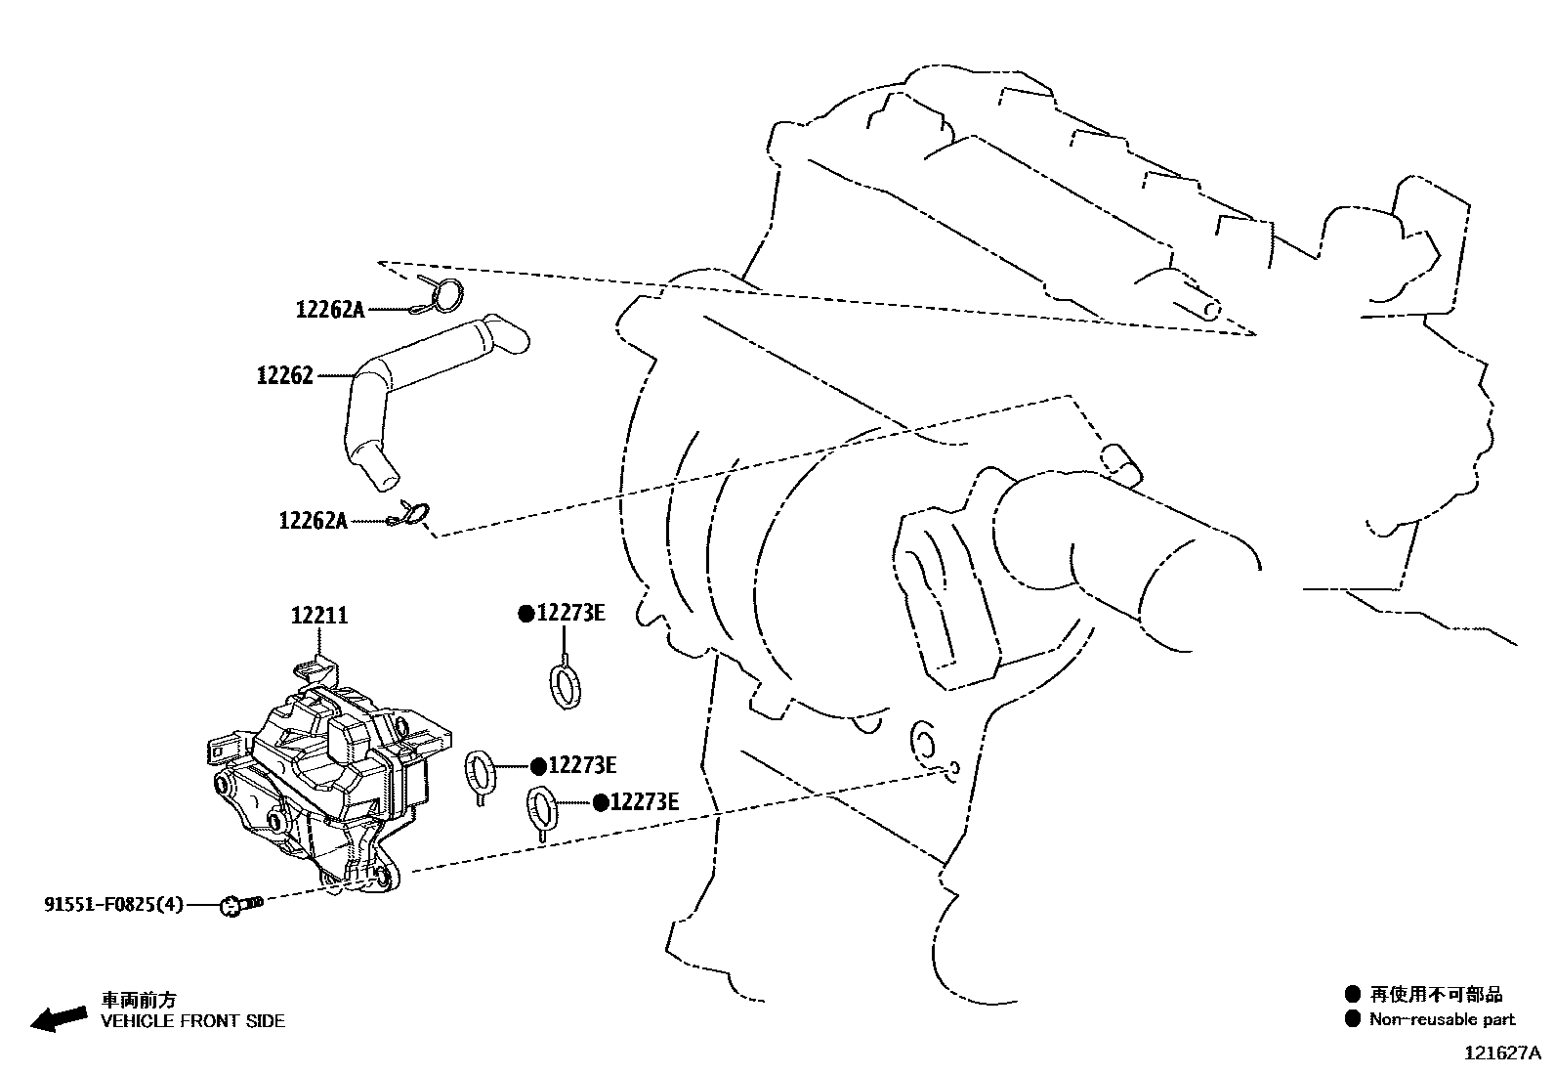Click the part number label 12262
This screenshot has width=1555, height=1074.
(x=284, y=375)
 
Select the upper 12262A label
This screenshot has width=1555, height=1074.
(x=329, y=310)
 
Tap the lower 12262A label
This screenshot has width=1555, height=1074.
(x=313, y=521)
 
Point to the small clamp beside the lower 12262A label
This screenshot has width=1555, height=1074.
(x=412, y=513)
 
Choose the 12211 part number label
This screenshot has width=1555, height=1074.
(x=319, y=616)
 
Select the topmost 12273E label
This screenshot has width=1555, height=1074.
(x=571, y=613)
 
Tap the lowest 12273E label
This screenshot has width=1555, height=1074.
(x=644, y=802)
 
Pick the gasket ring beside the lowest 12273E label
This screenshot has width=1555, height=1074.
(x=542, y=808)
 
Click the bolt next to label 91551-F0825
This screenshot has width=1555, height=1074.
(x=243, y=905)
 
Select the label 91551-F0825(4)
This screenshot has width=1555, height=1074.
(x=112, y=905)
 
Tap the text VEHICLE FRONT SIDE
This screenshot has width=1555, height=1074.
(x=193, y=1021)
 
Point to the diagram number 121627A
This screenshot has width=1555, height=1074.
(x=1501, y=1053)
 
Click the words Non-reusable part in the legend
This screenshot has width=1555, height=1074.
(x=1442, y=1019)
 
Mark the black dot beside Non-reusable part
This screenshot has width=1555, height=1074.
(x=1352, y=1019)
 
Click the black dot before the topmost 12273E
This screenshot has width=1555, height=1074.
(x=525, y=614)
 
